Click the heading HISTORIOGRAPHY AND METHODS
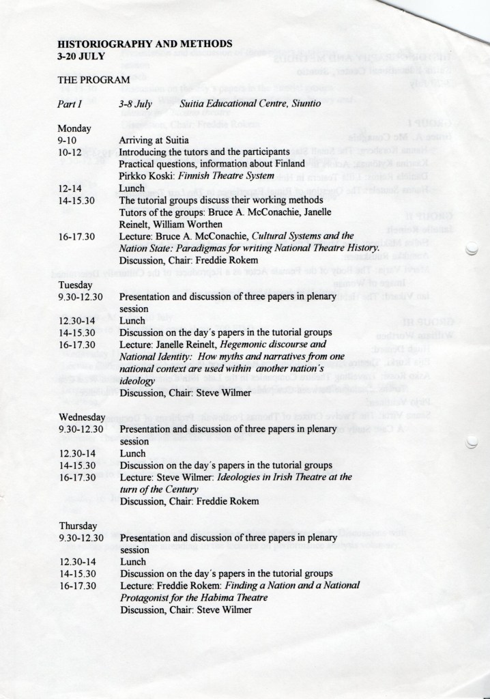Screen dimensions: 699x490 coord(145,44)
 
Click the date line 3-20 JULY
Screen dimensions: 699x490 coord(81,55)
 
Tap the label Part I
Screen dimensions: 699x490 coord(69,104)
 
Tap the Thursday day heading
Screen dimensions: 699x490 coord(78,527)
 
